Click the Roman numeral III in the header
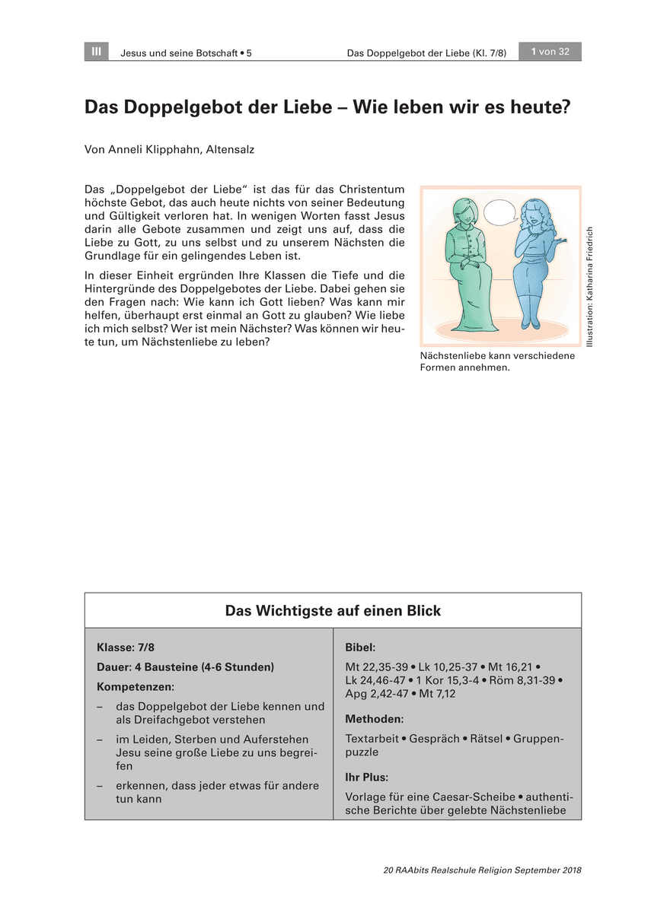(96, 52)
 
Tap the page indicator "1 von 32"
(550, 52)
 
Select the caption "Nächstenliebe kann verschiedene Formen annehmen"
(496, 361)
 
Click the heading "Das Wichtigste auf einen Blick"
(333, 611)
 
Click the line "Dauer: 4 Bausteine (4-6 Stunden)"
(185, 667)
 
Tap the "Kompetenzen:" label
(136, 686)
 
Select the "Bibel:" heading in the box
(360, 647)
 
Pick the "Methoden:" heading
(374, 719)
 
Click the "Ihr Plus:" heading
(366, 778)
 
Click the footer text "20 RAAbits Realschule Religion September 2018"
(482, 870)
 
